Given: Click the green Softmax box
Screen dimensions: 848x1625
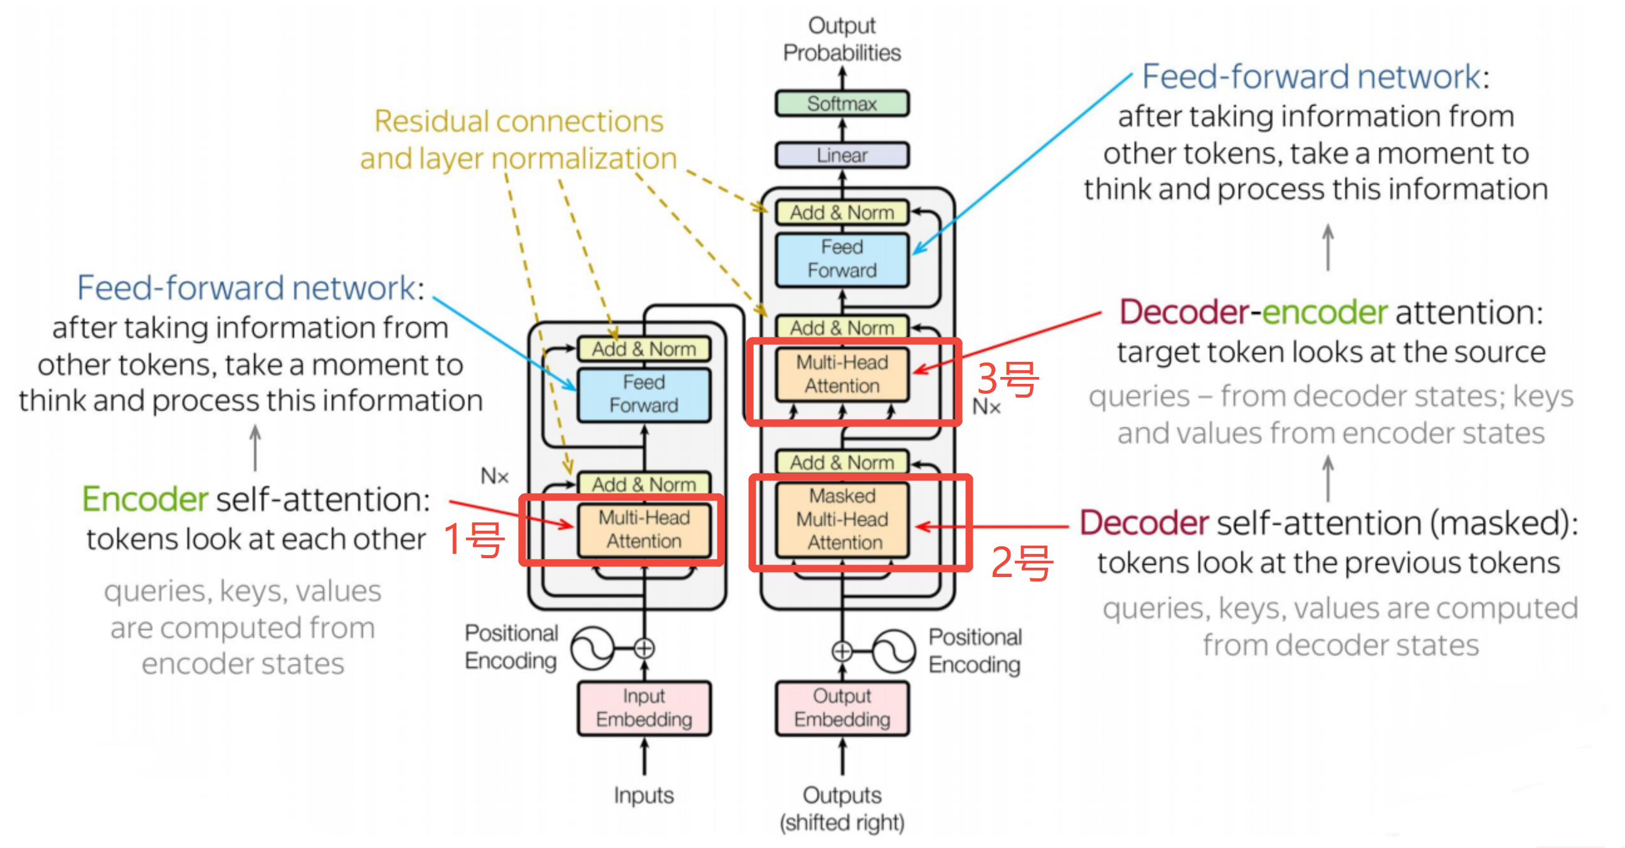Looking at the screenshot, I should click(842, 103).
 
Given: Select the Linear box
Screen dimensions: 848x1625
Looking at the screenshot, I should click(842, 155).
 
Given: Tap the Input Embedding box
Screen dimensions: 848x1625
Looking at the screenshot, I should click(644, 708).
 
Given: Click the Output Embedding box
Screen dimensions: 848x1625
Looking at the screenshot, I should click(842, 708).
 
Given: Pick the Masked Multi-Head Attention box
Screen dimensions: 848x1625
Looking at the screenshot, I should click(842, 520).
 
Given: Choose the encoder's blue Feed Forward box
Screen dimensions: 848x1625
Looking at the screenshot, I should click(644, 395).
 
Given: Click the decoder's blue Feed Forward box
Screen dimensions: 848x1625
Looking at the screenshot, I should click(842, 259).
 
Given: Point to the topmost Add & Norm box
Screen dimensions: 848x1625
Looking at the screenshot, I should click(842, 213).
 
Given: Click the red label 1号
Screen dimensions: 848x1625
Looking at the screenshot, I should click(474, 540).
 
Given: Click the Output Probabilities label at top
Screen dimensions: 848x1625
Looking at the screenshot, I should click(842, 39).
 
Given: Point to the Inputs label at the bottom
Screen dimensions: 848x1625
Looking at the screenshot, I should click(644, 796).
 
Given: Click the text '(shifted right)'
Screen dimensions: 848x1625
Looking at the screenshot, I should click(842, 823).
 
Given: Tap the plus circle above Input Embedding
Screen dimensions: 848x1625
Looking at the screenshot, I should click(644, 648).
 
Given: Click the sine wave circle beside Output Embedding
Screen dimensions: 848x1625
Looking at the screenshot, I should click(894, 650).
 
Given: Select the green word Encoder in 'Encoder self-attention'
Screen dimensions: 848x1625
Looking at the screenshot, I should click(145, 500).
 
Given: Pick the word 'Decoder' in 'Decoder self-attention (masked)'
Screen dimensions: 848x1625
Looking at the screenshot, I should click(1144, 523).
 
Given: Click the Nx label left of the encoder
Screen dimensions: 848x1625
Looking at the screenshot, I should click(495, 476).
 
